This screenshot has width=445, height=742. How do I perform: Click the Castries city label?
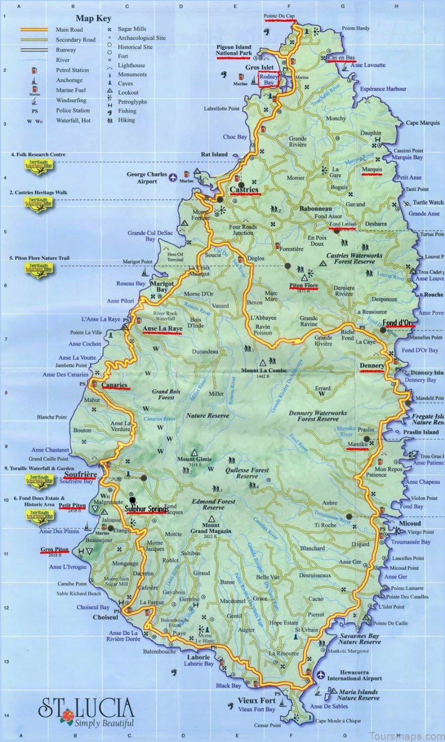(245, 190)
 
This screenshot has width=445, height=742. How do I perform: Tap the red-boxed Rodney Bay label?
(269, 80)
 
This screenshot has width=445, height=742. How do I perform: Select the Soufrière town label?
(81, 475)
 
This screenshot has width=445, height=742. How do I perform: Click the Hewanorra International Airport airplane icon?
(321, 675)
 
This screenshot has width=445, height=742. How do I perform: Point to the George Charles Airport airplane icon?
(174, 178)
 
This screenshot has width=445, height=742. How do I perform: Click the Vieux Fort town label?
(256, 701)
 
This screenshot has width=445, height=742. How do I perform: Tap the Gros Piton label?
(55, 550)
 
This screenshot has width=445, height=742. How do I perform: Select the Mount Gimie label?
(193, 459)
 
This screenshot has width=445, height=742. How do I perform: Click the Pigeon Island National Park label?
(234, 50)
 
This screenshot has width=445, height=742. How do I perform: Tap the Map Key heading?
(92, 18)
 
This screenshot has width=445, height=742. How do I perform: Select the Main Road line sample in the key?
(35, 29)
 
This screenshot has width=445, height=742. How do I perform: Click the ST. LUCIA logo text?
(86, 708)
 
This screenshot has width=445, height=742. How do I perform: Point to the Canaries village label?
(115, 385)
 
